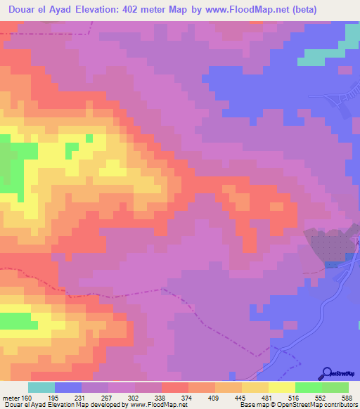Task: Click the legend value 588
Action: [346, 398]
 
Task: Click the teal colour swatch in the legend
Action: [41, 387]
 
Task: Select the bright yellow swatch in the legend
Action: [281, 387]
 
